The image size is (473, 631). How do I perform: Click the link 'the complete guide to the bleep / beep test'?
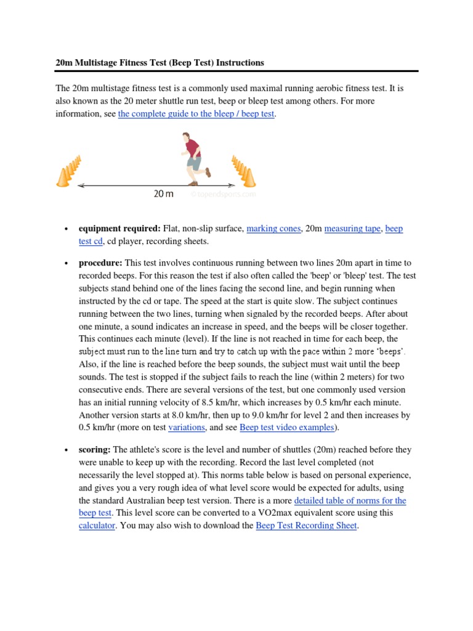[x=196, y=115]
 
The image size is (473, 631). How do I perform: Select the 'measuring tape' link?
[x=352, y=229]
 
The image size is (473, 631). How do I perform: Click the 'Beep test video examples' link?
[x=286, y=427]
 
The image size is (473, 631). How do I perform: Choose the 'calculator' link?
[x=97, y=526]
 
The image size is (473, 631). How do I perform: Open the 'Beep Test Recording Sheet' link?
[x=306, y=526]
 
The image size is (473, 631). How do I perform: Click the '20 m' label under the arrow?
[x=163, y=194]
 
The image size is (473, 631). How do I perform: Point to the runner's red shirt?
[x=193, y=149]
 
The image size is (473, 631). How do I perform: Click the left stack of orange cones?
[x=69, y=171]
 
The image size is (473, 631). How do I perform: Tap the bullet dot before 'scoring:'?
[x=65, y=451]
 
